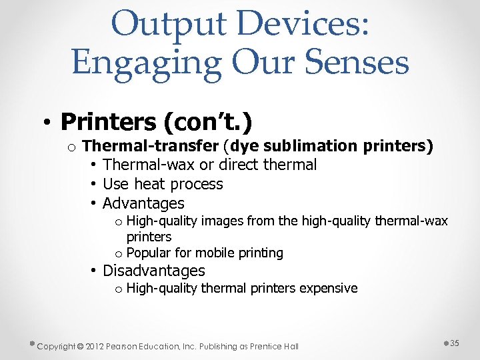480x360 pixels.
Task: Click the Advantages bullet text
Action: click(x=143, y=203)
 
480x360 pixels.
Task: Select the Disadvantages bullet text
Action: click(x=153, y=271)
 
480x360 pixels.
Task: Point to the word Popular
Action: click(x=149, y=253)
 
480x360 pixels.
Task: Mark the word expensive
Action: click(x=328, y=289)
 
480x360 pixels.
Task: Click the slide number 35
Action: click(x=455, y=343)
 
